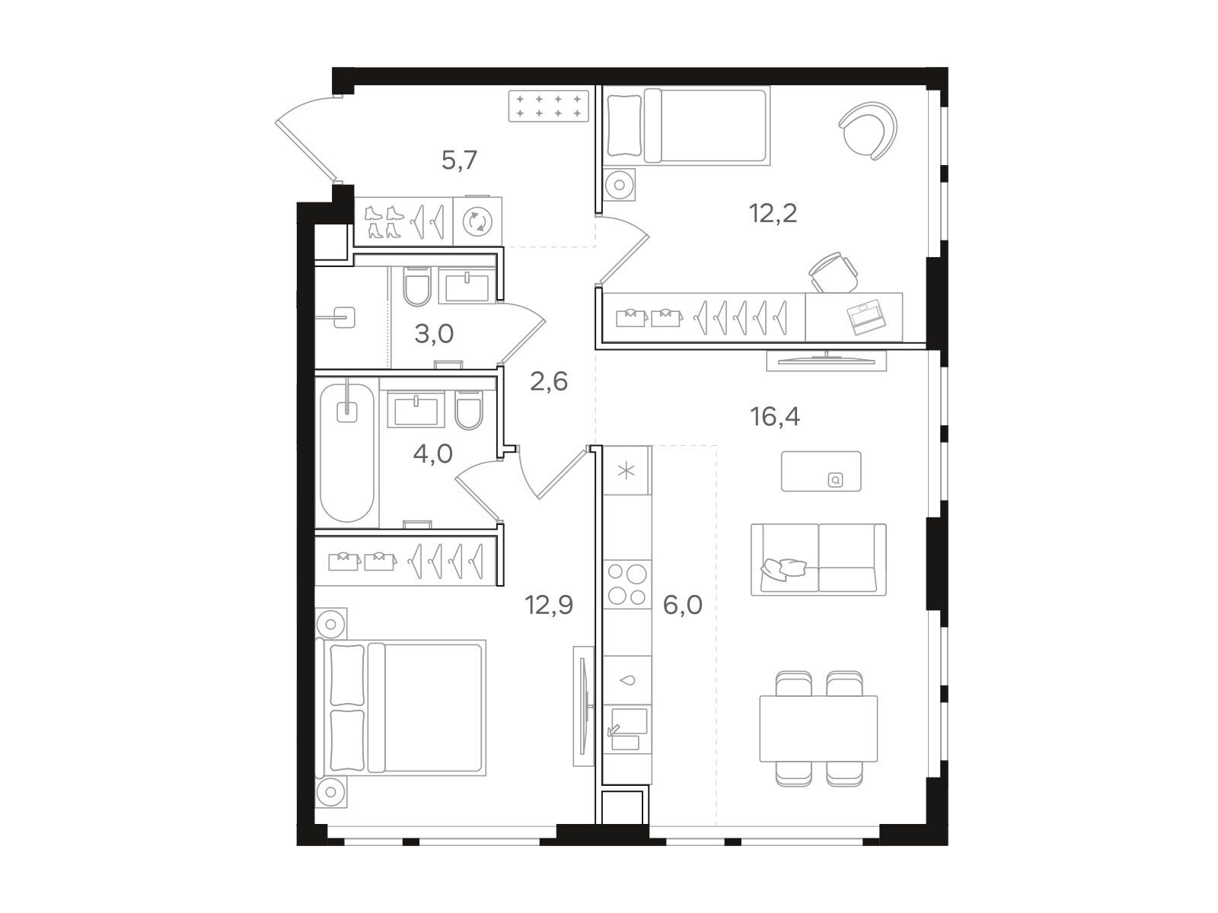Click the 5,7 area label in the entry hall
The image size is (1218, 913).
459,161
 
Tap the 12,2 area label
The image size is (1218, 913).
773,213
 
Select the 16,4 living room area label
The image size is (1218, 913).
775,416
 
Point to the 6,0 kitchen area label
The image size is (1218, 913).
683,605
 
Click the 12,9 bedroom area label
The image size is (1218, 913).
549,605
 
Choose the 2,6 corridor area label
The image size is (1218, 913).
549,381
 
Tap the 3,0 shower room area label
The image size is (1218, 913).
434,334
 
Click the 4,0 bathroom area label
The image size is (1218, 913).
433,454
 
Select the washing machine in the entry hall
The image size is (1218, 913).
477,221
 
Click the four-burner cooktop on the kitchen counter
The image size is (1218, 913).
627,584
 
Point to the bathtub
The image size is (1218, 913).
347,453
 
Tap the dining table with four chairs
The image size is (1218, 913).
818,728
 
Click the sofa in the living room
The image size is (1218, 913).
818,559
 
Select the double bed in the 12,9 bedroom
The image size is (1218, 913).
400,708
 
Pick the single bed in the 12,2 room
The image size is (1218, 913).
687,126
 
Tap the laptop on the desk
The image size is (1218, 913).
866,317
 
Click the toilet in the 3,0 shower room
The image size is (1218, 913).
416,287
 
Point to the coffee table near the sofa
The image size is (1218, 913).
821,471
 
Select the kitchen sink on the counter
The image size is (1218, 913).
627,729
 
